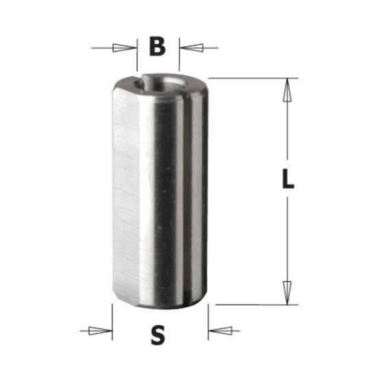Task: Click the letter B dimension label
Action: [157, 47]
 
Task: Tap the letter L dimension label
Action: [288, 180]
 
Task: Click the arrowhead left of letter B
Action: [124, 48]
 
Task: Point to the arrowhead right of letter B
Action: [192, 48]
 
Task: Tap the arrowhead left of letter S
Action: [101, 331]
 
